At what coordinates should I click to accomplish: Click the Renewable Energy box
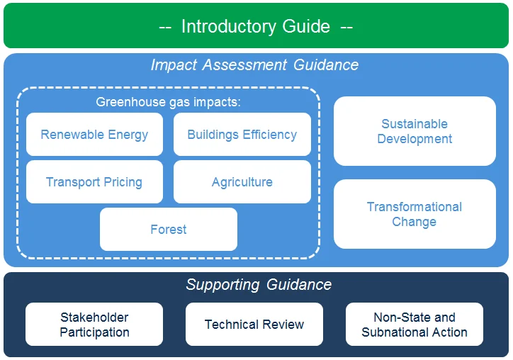point(94,135)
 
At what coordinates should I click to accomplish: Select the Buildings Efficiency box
point(242,135)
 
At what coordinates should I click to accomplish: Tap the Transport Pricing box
point(94,182)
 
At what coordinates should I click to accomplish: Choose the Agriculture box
point(242,182)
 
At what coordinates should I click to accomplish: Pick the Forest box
point(169,230)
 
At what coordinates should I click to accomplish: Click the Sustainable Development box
point(415,131)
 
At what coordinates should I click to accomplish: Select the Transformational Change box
point(415,214)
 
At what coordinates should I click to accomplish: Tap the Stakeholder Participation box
point(94,325)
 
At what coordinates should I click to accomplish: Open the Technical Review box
point(254,325)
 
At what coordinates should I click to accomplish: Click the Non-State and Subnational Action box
point(415,325)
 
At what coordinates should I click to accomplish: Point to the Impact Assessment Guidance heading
point(254,65)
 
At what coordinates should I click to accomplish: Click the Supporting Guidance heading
point(259,285)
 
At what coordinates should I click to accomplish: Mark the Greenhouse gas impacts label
point(169,102)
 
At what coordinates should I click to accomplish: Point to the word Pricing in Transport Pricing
point(122,182)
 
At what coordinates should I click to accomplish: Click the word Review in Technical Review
point(282,325)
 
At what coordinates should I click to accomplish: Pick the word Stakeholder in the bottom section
point(94,317)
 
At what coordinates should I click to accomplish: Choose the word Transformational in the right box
point(415,207)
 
